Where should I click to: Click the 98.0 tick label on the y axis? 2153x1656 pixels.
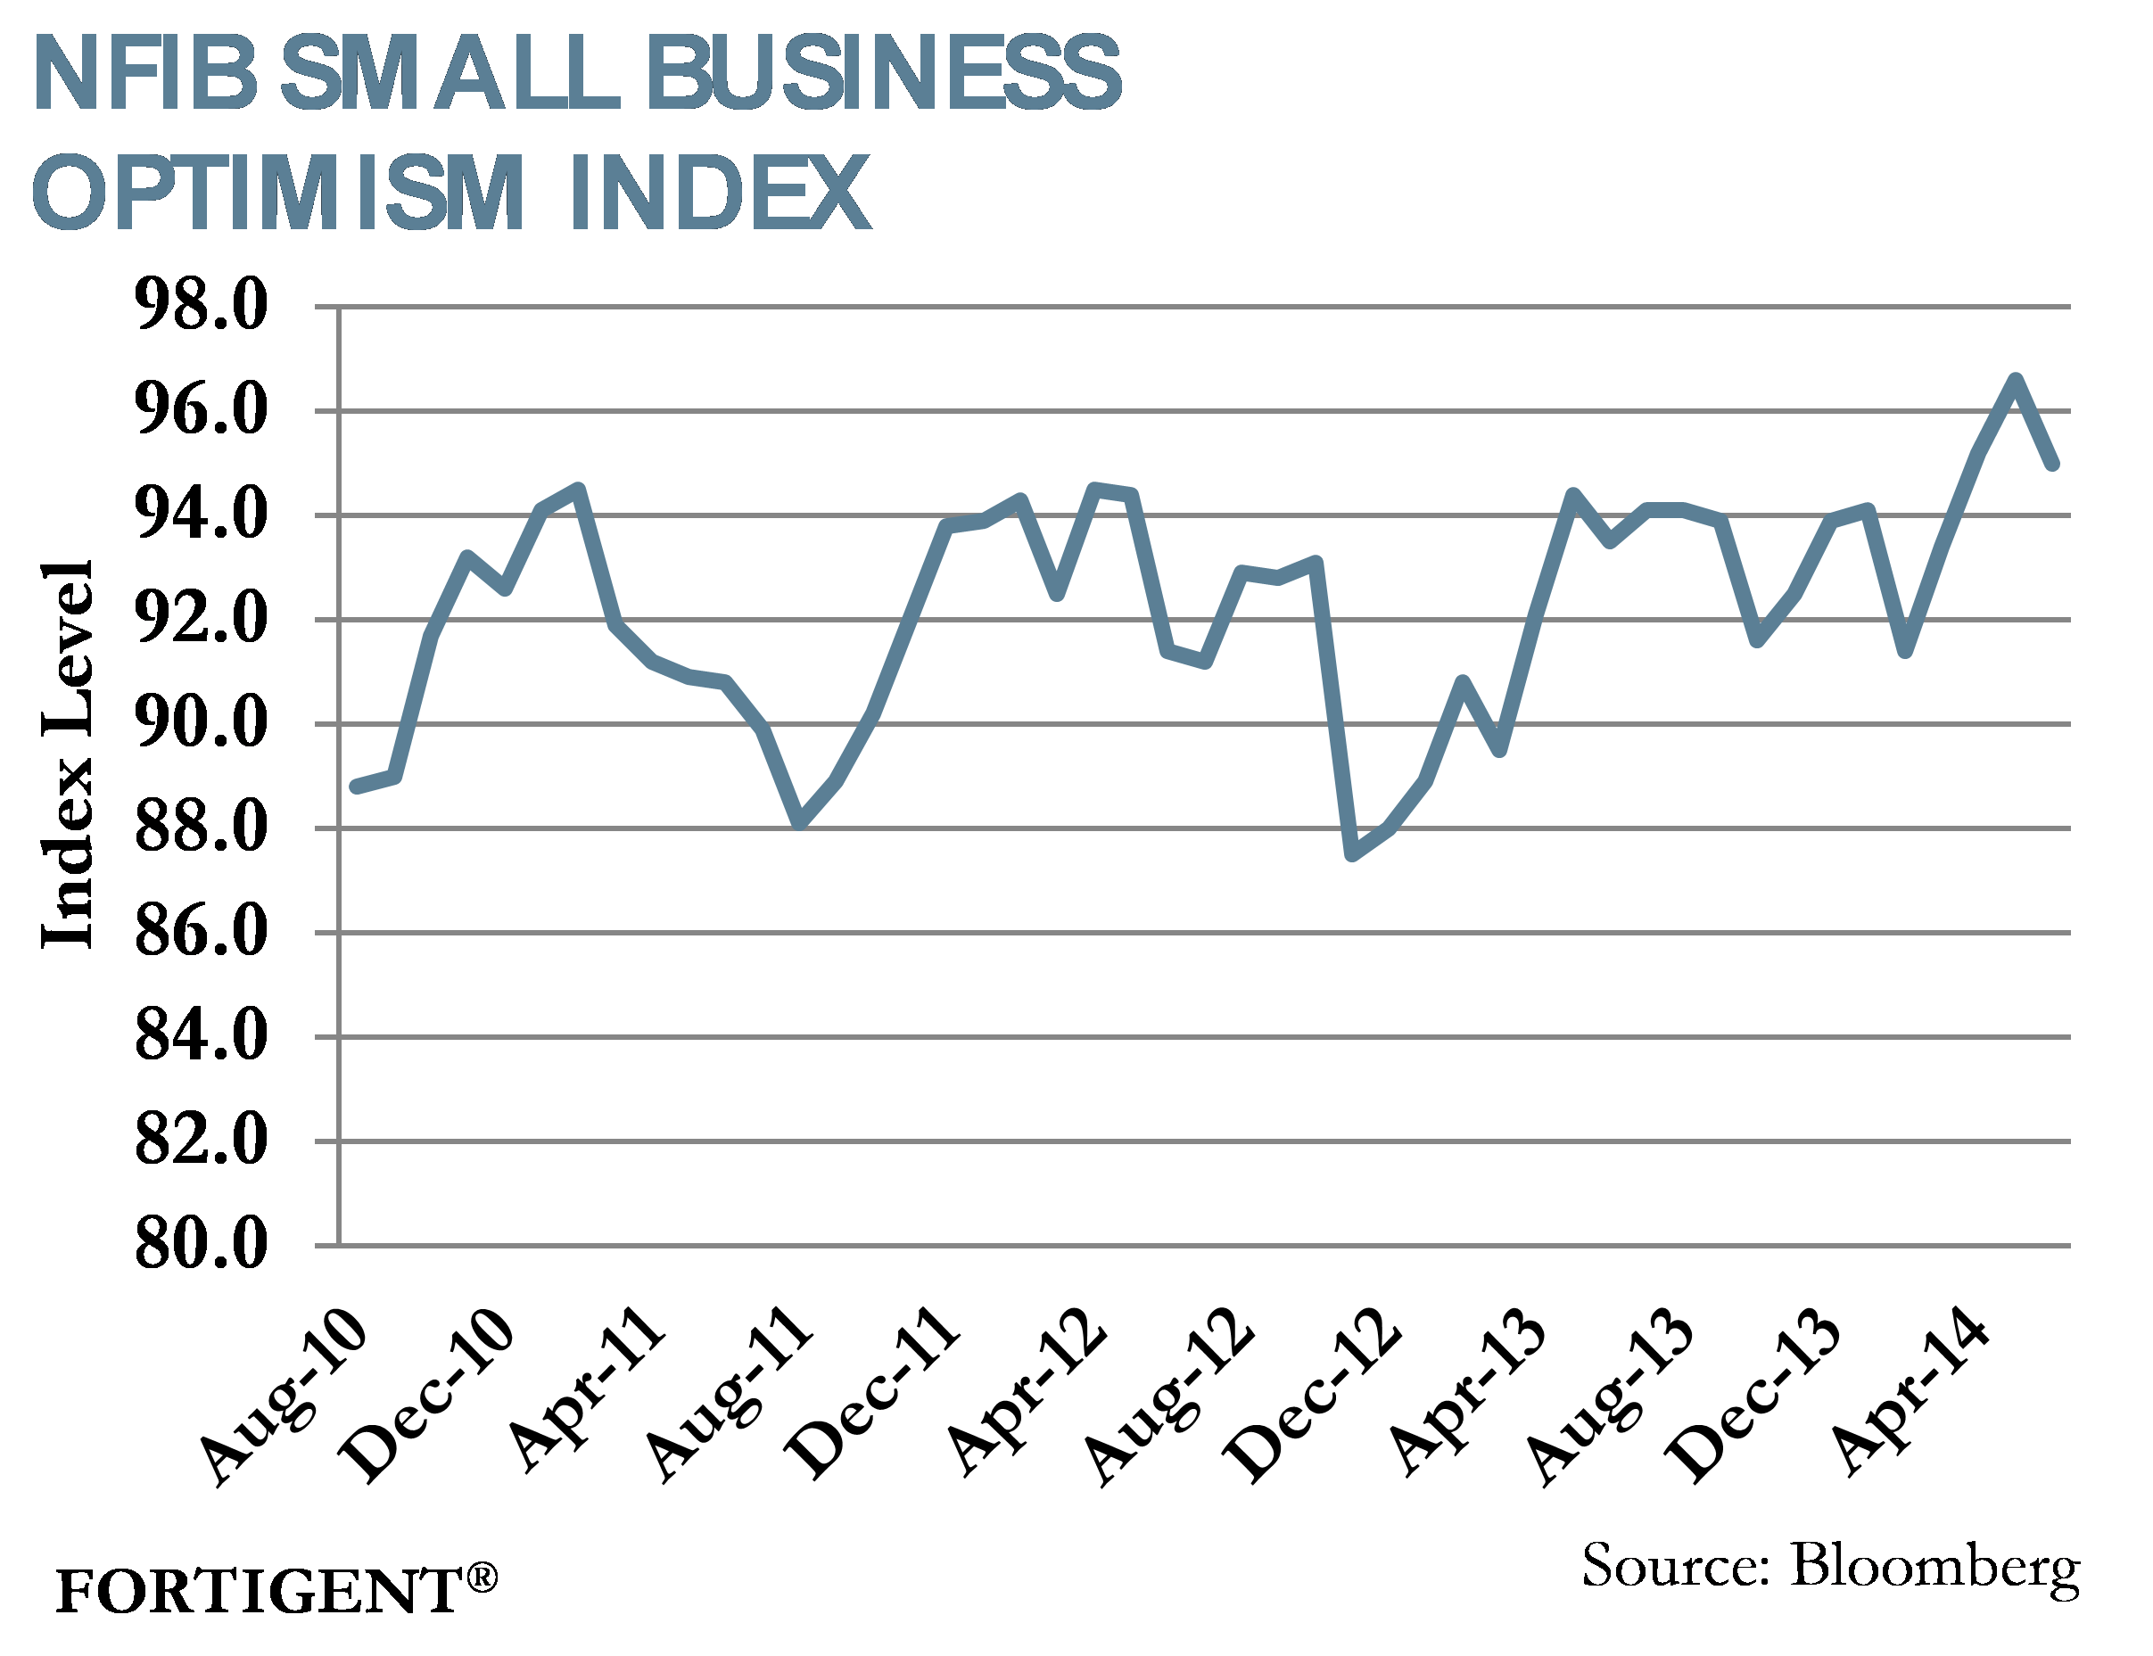[200, 306]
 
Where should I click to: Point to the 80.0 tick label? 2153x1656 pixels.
[200, 1244]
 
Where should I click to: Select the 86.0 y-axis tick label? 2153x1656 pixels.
[200, 932]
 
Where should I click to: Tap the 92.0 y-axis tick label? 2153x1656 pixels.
[200, 619]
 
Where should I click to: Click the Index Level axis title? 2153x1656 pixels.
[67, 754]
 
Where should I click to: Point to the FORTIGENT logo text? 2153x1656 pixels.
[259, 1591]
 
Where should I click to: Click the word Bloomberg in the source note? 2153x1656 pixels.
[1934, 1568]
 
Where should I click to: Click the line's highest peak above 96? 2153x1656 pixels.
[2015, 380]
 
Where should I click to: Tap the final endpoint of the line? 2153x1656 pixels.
[2052, 464]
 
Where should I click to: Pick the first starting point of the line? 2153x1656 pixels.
[356, 787]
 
